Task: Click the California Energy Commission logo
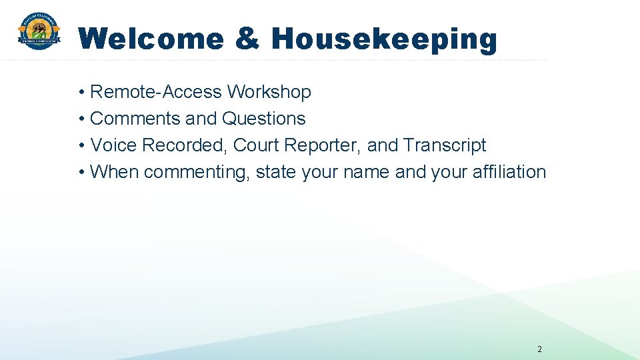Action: coord(39,32)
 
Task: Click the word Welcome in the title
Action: coord(151,39)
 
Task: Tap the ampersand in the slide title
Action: coord(247,39)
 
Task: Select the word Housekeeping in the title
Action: coord(384,39)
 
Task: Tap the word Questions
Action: coord(263,119)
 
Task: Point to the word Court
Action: coord(256,145)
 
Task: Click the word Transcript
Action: coord(445,146)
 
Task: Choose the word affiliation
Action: coord(509,172)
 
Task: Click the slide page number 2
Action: coord(539,349)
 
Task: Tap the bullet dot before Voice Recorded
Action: coord(81,146)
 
